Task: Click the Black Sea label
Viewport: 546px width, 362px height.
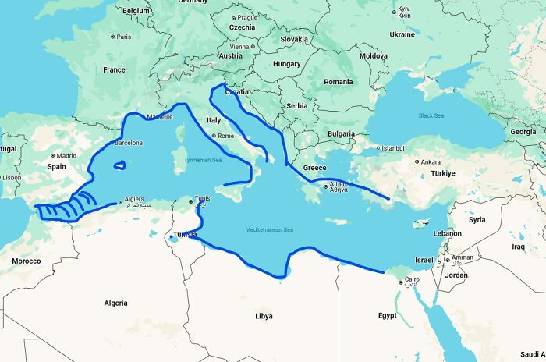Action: tap(431, 115)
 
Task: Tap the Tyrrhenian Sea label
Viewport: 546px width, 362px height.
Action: tap(202, 160)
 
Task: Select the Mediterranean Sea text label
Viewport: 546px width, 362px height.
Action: tap(269, 229)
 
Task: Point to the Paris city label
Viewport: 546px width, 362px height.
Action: tap(124, 37)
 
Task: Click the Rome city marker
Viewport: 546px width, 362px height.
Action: tap(214, 136)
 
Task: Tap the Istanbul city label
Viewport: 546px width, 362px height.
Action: tap(391, 147)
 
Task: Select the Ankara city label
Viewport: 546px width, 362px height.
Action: tap(431, 162)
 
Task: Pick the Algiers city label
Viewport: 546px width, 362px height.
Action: tap(133, 200)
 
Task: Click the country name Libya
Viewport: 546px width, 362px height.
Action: tap(264, 316)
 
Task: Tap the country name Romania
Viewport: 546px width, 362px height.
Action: tap(339, 81)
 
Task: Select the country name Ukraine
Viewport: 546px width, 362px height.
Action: tap(402, 34)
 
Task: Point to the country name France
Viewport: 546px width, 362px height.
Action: tap(114, 69)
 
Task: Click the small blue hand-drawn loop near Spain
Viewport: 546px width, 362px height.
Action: tap(119, 165)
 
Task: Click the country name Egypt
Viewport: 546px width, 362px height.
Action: tap(387, 315)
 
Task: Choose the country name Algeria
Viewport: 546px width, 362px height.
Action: tap(115, 303)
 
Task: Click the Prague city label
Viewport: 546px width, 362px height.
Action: tap(247, 17)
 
